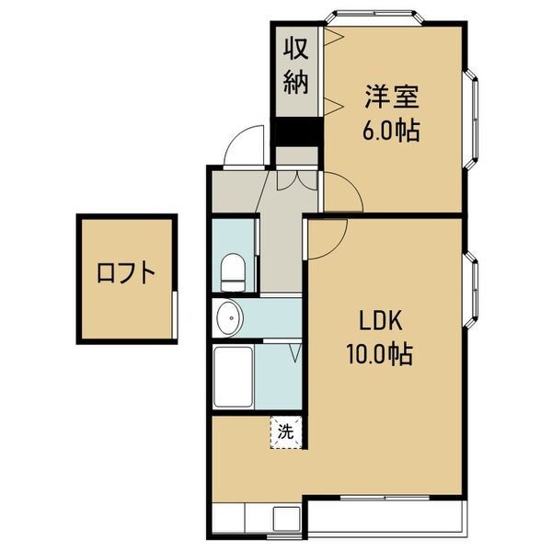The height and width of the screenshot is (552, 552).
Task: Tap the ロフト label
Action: point(125,273)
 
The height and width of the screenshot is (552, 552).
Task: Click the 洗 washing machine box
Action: point(286,431)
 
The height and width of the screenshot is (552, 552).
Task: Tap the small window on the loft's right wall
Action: point(173,304)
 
